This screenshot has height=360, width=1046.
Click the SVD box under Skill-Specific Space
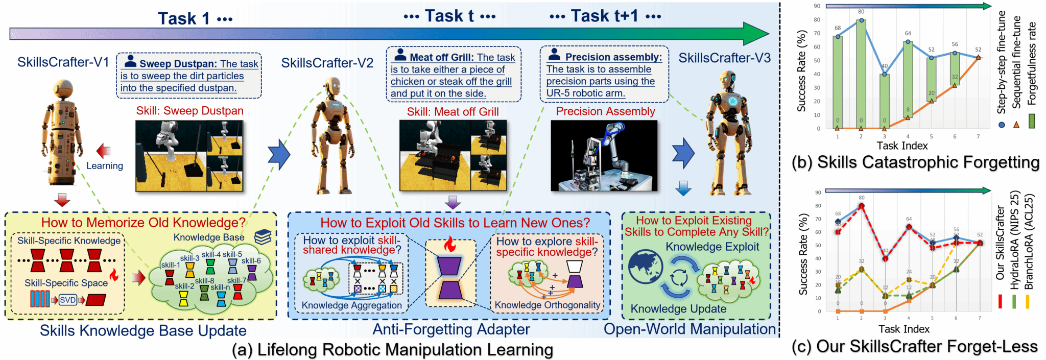(68, 300)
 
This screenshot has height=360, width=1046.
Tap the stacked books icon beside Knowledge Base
(263, 236)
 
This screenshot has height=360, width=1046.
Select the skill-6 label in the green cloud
(251, 261)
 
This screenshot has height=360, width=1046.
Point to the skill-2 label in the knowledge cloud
(184, 286)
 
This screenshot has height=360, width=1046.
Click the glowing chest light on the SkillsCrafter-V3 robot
(733, 101)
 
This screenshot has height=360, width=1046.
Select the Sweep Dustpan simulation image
(189, 156)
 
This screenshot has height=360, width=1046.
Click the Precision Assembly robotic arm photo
(604, 156)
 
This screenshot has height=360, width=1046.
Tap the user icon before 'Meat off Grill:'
(400, 55)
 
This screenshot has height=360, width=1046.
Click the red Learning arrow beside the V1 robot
(104, 151)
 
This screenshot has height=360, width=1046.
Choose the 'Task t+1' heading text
(605, 16)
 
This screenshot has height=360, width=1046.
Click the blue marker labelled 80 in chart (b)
(861, 20)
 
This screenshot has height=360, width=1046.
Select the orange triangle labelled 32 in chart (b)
(955, 85)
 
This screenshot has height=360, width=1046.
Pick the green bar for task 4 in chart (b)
(908, 80)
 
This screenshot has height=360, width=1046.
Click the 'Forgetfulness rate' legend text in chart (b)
(1032, 64)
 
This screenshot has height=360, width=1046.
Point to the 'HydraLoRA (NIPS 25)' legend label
(1014, 240)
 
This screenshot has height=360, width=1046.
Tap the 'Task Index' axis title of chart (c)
(904, 329)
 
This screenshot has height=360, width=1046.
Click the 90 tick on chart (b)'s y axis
(817, 6)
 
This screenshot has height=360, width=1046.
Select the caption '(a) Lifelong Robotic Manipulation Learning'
(392, 350)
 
